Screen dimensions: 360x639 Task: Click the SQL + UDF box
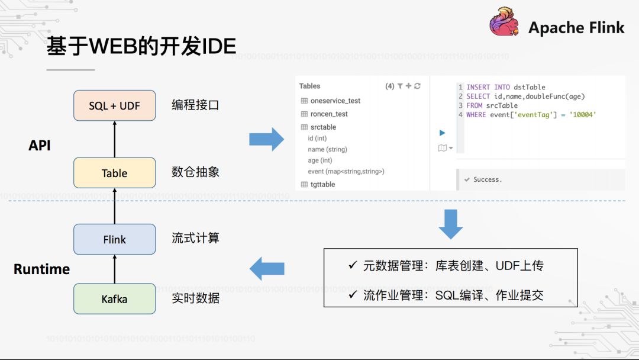pos(114,105)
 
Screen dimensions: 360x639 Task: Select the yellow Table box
pos(114,173)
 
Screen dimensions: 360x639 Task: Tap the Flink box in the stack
pos(114,239)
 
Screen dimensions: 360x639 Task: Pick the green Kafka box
pos(114,299)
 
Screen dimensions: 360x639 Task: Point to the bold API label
pos(40,145)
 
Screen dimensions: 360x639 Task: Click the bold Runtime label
pos(41,269)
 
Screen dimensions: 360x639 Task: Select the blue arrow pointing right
pos(266,140)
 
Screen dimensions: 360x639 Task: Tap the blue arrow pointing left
pos(267,269)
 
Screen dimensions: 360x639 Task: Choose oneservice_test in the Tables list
pos(335,101)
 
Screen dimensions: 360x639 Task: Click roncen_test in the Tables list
pos(329,114)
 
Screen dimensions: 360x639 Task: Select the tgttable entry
pos(322,184)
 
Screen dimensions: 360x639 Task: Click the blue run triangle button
pos(442,133)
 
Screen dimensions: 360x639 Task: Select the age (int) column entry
pos(319,160)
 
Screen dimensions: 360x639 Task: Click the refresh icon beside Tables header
pos(417,86)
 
